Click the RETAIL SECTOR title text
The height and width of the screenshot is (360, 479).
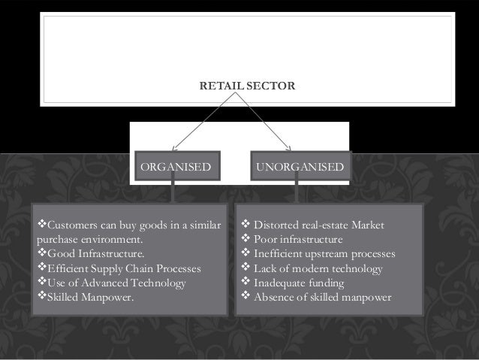(247, 88)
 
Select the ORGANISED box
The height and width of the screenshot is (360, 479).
(176, 166)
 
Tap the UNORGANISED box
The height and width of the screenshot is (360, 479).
(300, 166)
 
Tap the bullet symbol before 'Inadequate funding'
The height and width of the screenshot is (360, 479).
(243, 283)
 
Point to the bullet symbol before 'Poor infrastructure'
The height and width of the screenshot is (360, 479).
(243, 240)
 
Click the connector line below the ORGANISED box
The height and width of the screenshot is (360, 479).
(173, 192)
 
